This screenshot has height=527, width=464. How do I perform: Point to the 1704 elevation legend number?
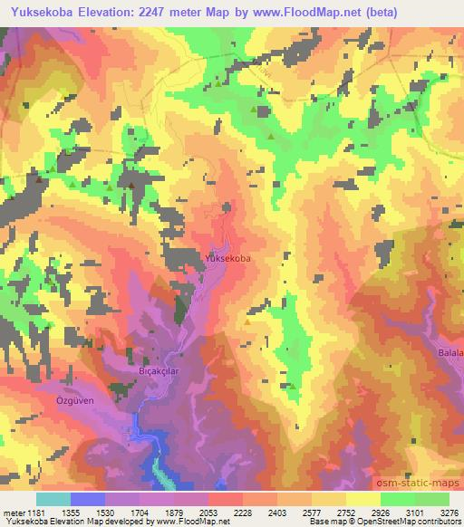[138, 512]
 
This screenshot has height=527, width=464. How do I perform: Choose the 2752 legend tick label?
[345, 512]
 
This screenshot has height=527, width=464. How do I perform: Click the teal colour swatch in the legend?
[53, 499]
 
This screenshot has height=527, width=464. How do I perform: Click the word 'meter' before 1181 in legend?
[11, 512]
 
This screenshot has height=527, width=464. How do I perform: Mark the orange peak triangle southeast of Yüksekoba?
[247, 320]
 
